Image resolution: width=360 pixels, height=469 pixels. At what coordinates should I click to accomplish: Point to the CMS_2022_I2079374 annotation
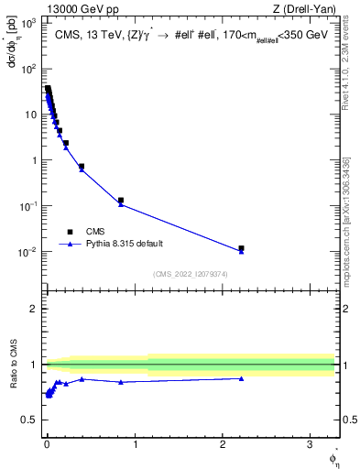(x=190, y=273)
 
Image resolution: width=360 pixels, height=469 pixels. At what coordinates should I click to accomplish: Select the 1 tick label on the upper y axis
(x=34, y=160)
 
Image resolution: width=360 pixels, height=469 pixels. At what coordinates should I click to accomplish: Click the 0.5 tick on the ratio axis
(x=29, y=420)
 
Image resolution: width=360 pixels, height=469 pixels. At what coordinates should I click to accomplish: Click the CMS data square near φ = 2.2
(x=241, y=248)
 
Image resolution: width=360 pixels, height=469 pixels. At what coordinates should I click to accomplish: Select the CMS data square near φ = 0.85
(x=121, y=200)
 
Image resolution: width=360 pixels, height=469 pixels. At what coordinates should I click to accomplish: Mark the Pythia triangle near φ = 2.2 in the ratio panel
(x=241, y=378)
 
